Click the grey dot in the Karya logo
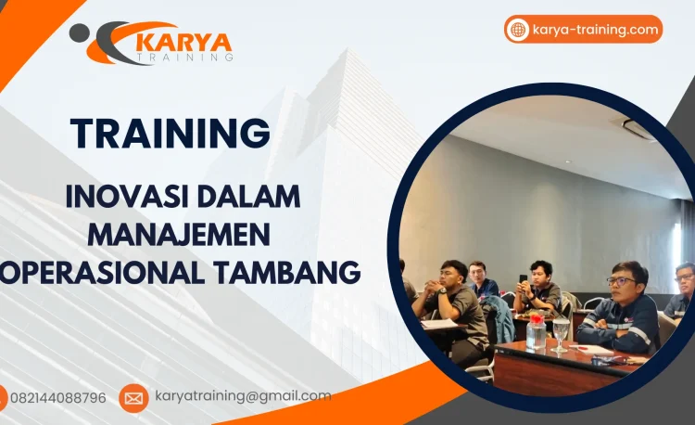pos(79,32)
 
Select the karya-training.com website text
pos(596,30)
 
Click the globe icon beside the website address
pos(518,30)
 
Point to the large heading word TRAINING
pos(171,134)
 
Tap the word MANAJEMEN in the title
pos(179,234)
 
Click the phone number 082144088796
pos(57,398)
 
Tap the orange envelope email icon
pos(133,398)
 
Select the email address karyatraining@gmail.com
pos(243,396)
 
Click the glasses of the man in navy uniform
pos(621,280)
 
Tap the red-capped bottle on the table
pos(537,330)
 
